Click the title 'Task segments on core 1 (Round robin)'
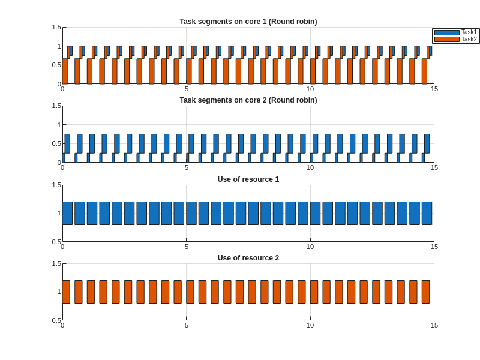(248, 22)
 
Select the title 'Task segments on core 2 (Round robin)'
(248, 100)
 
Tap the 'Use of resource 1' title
(248, 179)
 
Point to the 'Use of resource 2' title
(248, 258)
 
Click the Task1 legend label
(469, 32)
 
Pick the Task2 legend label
(469, 40)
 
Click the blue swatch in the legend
(446, 32)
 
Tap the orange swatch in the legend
(446, 40)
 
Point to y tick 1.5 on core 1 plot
(56, 27)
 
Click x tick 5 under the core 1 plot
(187, 89)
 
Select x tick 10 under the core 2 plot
(310, 167)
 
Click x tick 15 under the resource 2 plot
(434, 325)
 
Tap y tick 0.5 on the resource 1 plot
(56, 241)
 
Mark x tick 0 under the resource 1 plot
(62, 247)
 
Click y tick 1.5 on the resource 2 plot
(56, 263)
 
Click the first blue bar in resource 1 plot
(67, 213)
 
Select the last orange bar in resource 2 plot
(425, 292)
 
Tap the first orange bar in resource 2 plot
(66, 292)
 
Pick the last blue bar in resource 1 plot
(427, 213)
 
